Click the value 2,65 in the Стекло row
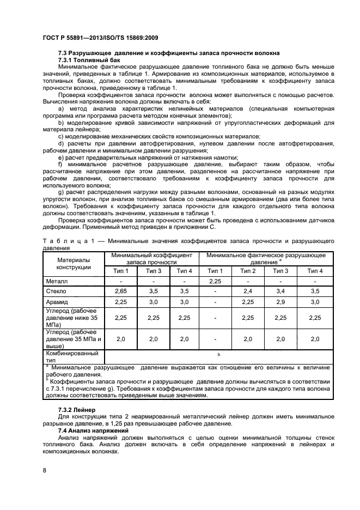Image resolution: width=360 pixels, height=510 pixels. pyautogui.click(x=120, y=292)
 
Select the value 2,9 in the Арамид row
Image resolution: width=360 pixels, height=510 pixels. pyautogui.click(x=281, y=302)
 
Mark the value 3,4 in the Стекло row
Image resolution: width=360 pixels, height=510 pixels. pyautogui.click(x=281, y=292)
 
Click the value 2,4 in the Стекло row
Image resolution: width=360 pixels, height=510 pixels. pyautogui.click(x=248, y=292)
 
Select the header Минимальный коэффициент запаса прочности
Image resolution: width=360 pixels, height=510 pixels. pyautogui.click(x=152, y=258)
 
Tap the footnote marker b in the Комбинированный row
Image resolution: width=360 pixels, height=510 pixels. pyautogui.click(x=219, y=355)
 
